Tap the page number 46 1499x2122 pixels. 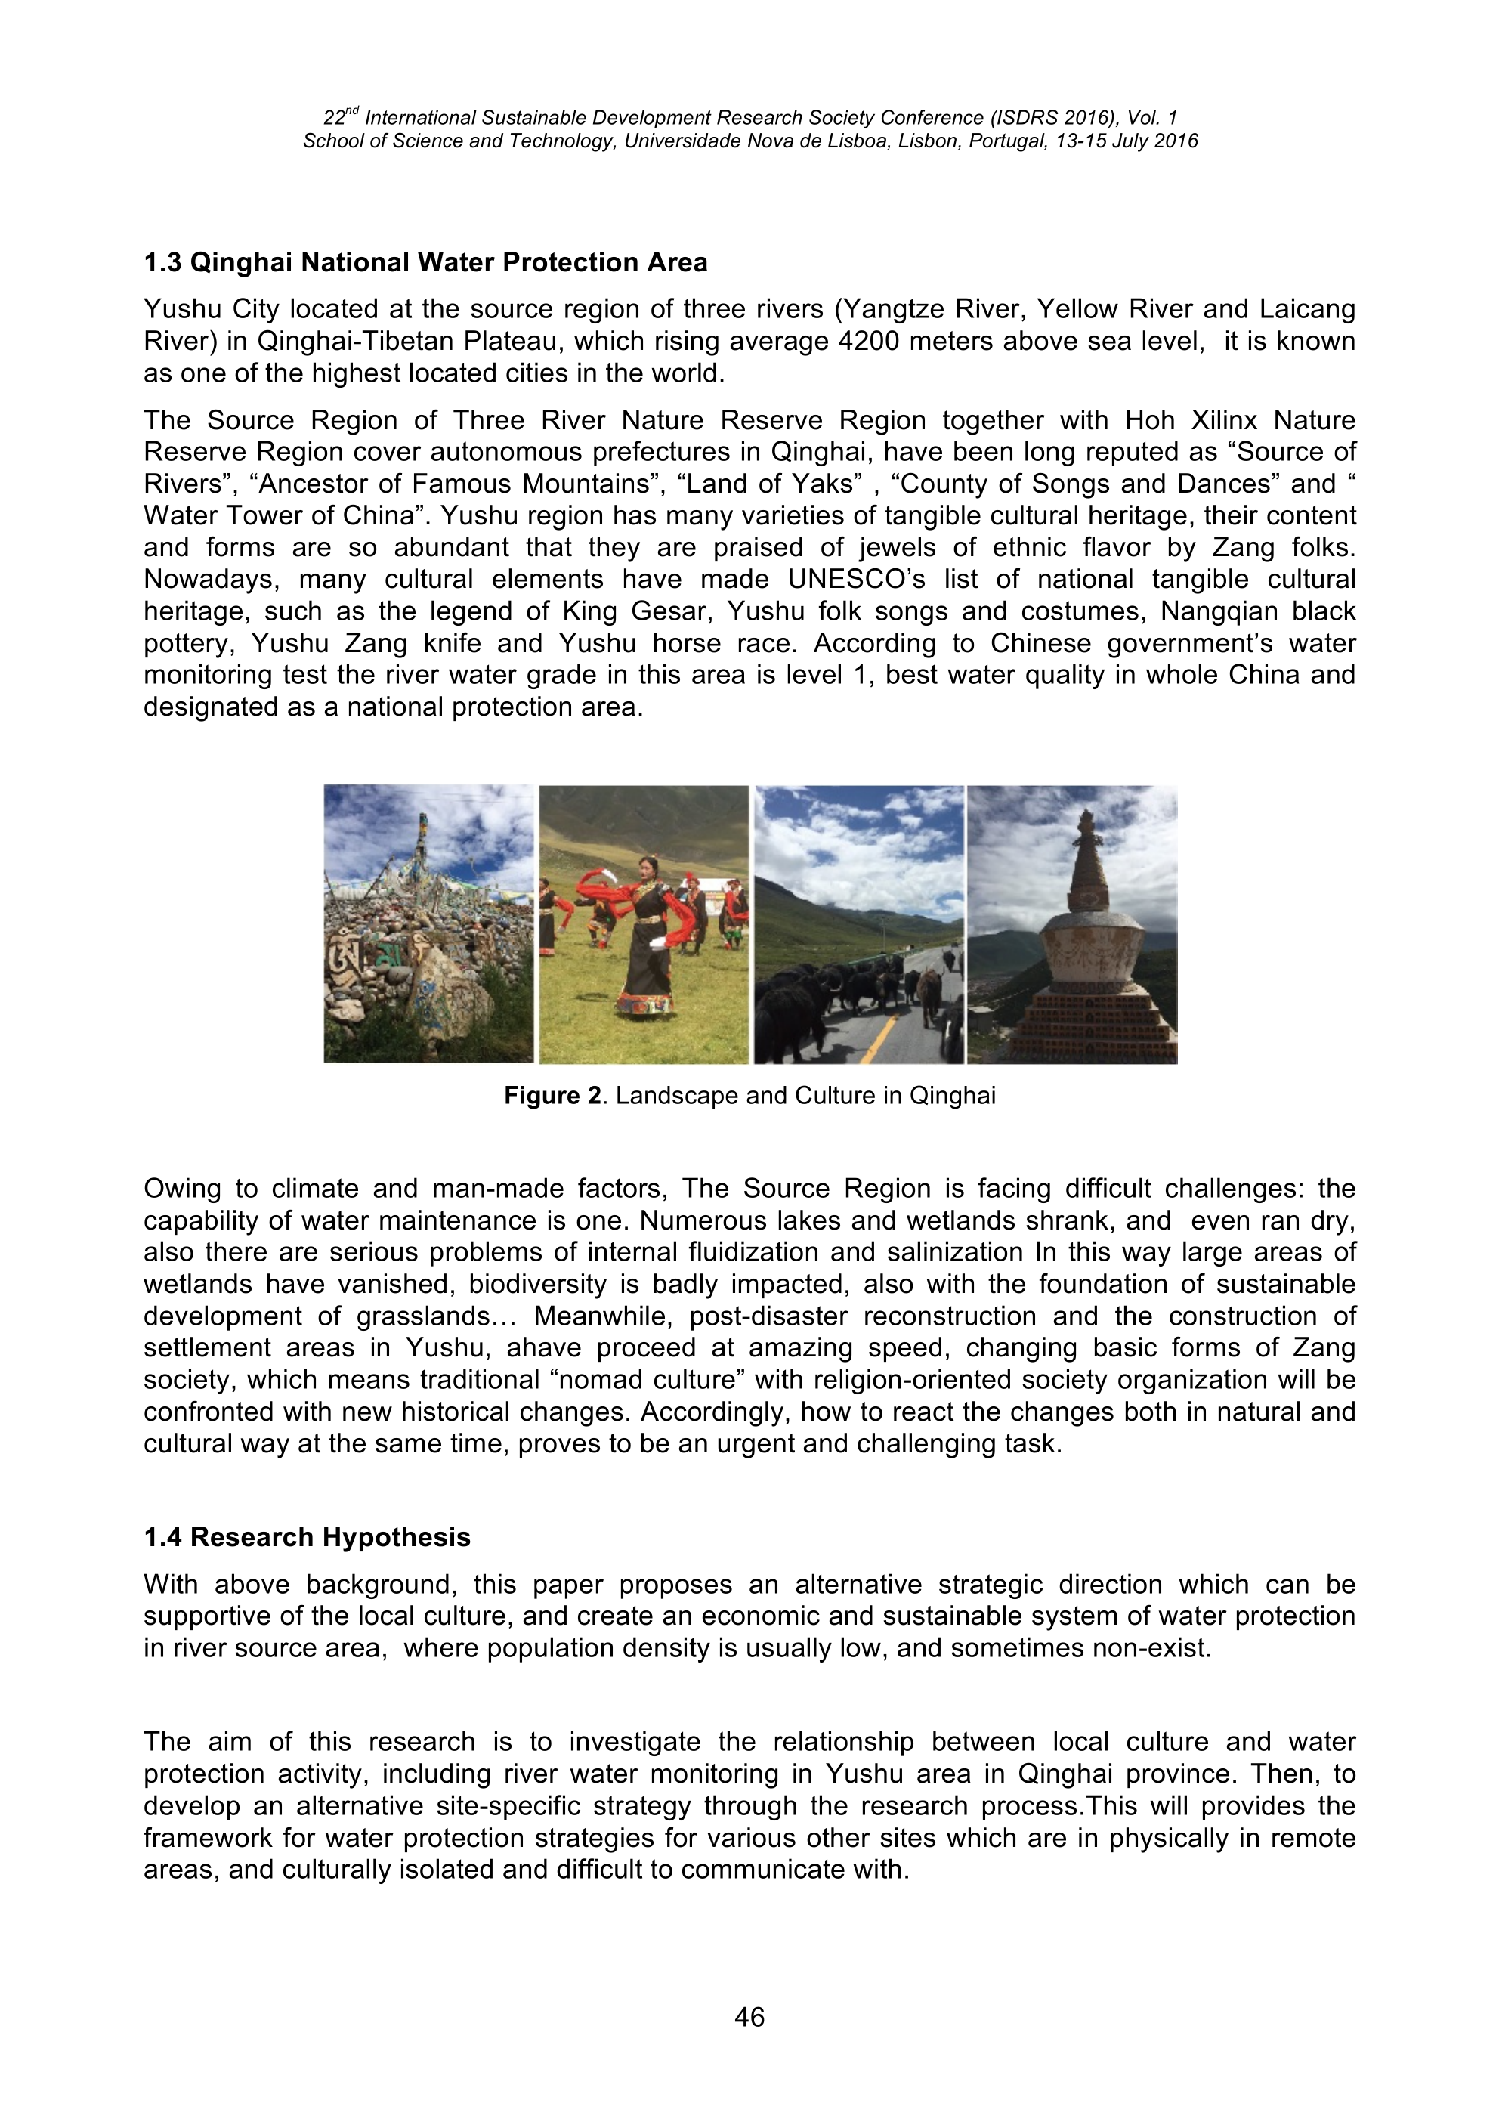pos(749,2017)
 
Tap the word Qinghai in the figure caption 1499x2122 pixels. pos(953,1096)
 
